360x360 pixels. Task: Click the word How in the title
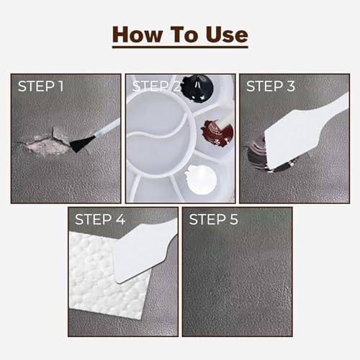coord(138,35)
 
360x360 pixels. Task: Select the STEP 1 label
coord(40,86)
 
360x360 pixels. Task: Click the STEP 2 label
coord(156,86)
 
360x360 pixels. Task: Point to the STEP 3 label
coord(271,86)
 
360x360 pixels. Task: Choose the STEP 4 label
coord(100,220)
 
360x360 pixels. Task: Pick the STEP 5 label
coord(214,220)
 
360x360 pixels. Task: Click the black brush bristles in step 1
coord(81,143)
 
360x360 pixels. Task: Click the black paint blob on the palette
coord(197,89)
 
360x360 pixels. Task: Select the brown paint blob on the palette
coord(217,132)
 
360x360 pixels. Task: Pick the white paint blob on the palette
coord(201,179)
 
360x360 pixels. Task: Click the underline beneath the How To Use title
coord(180,47)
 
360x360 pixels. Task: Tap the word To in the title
coord(184,35)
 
